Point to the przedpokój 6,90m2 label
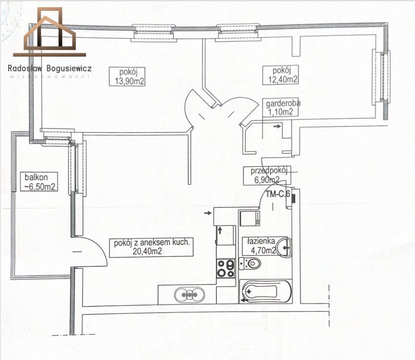click(x=267, y=176)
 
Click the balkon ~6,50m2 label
click(x=39, y=182)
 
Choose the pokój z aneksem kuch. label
click(x=151, y=247)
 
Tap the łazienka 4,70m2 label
click(x=262, y=245)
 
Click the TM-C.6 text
click(x=278, y=194)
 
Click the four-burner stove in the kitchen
click(x=226, y=269)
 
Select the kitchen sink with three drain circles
click(x=189, y=295)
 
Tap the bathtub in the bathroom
click(x=266, y=291)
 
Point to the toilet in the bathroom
click(x=250, y=263)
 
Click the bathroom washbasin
click(x=285, y=248)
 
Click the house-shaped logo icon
click(x=49, y=32)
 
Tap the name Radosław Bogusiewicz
click(x=49, y=68)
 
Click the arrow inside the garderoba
click(x=277, y=126)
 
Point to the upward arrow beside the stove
click(x=220, y=231)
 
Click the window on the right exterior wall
click(x=381, y=77)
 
